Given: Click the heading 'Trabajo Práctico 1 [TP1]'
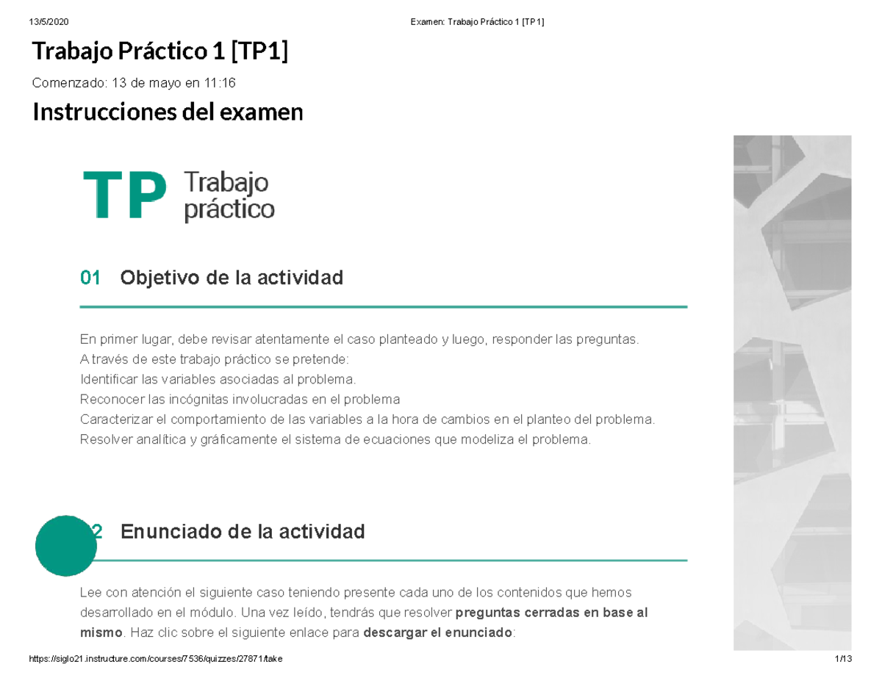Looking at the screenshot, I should [x=159, y=52].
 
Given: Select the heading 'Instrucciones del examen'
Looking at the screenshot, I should [x=167, y=112].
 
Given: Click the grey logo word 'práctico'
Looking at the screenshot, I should [x=229, y=210].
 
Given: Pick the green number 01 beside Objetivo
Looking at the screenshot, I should [x=90, y=278].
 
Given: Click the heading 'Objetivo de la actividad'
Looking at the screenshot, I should [x=232, y=278].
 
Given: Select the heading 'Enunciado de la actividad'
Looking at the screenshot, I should [x=242, y=531].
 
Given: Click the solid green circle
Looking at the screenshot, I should [x=66, y=545].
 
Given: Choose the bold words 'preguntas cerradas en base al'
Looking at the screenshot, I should [x=552, y=612].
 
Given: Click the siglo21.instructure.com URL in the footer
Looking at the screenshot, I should [x=154, y=660].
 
